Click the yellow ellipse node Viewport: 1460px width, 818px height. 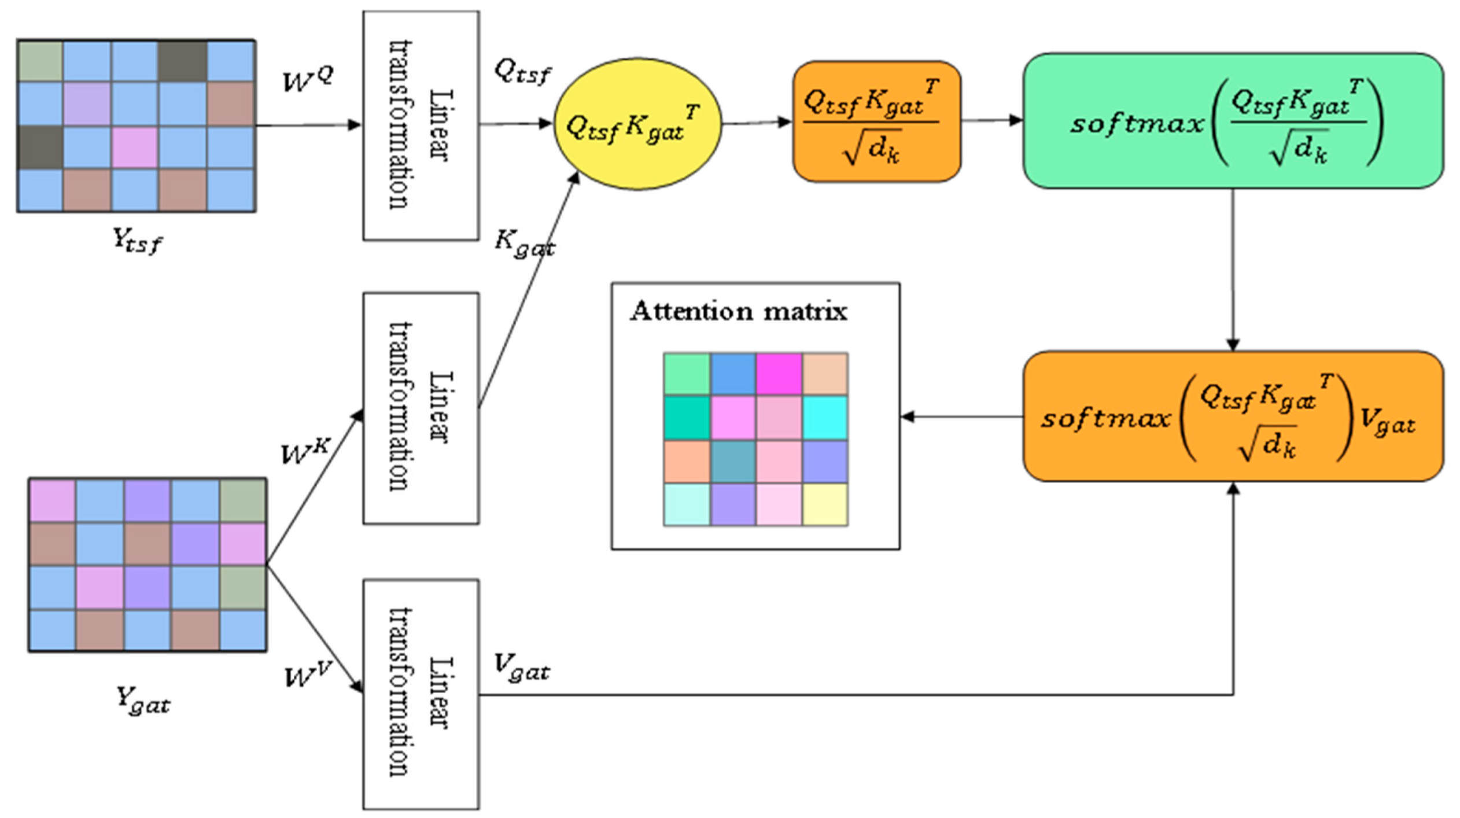[x=637, y=124]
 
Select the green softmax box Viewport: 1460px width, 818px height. [x=1232, y=121]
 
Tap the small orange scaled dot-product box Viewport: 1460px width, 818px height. [x=876, y=121]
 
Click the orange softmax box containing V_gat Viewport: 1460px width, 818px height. [x=1232, y=417]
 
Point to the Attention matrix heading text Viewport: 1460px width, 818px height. [x=739, y=312]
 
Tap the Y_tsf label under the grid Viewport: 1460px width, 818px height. [x=137, y=240]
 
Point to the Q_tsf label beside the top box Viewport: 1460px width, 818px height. [x=522, y=72]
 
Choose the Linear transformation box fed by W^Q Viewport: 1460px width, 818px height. [x=421, y=125]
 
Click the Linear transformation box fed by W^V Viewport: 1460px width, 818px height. [x=421, y=694]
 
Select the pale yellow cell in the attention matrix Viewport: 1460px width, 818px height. [x=825, y=504]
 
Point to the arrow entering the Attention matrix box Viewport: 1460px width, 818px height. [x=960, y=417]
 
